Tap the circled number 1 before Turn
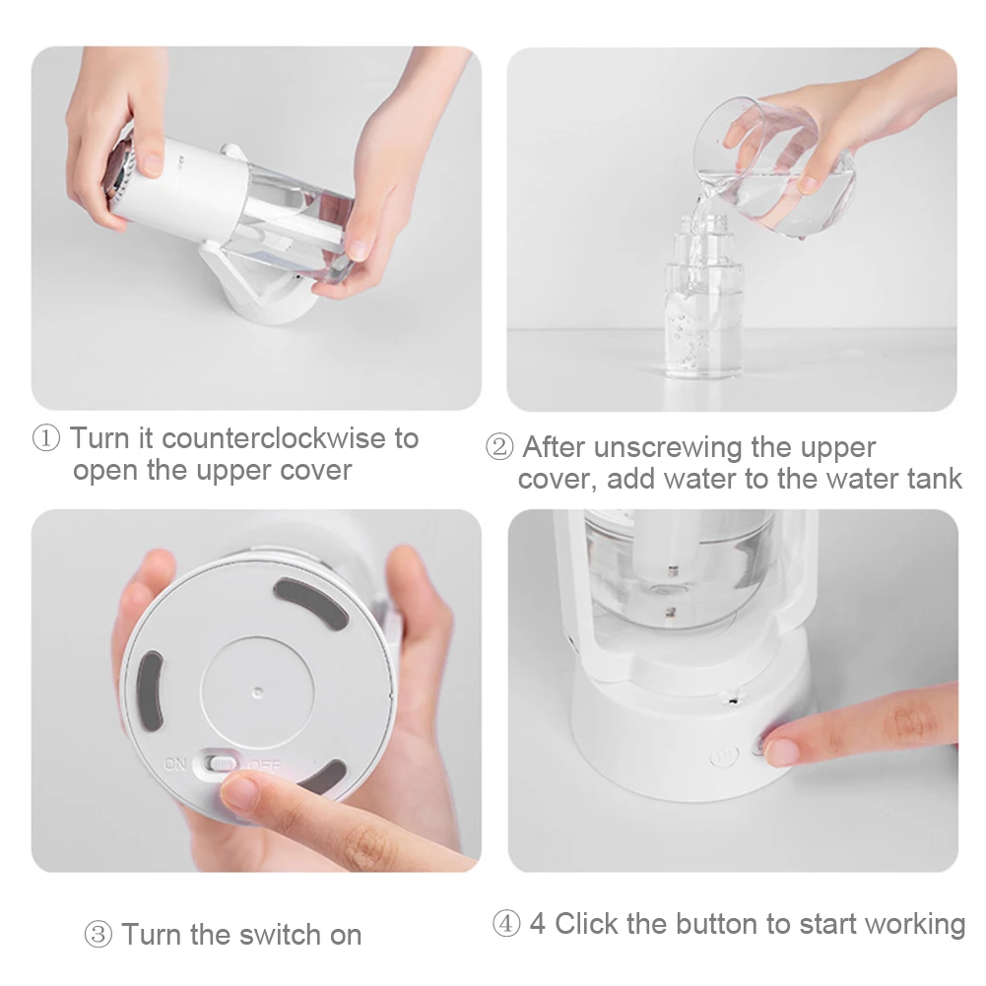pyautogui.click(x=47, y=438)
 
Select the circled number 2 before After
pyautogui.click(x=500, y=448)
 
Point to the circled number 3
pyautogui.click(x=99, y=935)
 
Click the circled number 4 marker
pyautogui.click(x=506, y=925)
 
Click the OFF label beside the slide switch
pyautogui.click(x=265, y=764)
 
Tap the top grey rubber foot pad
pyautogui.click(x=308, y=604)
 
